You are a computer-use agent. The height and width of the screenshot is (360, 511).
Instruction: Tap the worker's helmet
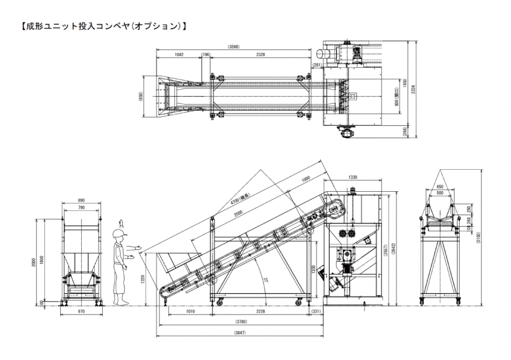[120, 232]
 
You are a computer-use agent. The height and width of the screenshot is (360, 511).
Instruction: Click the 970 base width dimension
[82, 311]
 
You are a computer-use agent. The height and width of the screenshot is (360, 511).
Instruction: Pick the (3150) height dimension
[480, 235]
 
